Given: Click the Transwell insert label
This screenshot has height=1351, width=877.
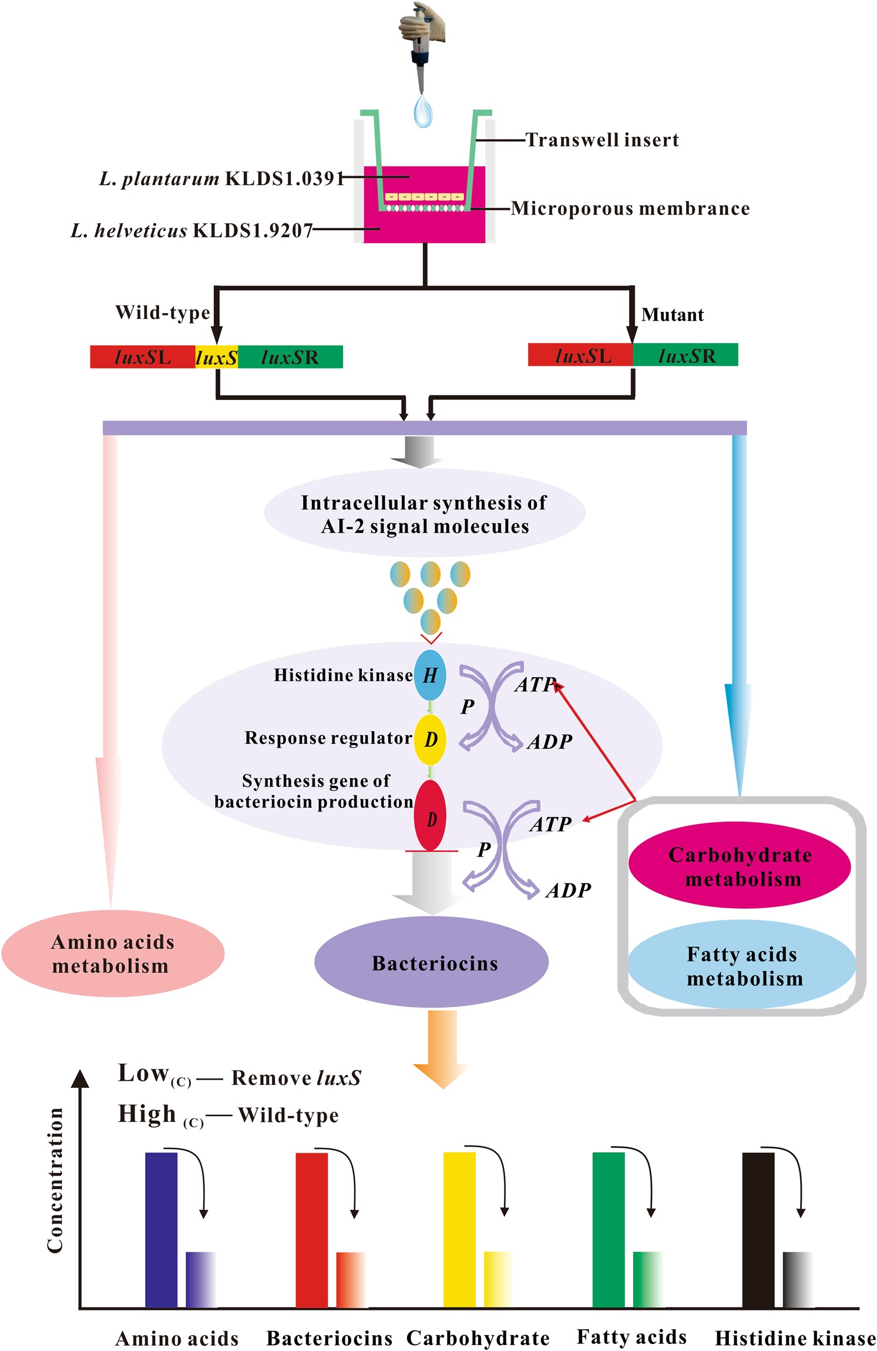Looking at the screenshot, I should pyautogui.click(x=602, y=140).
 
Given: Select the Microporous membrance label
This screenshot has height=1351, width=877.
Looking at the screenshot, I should pyautogui.click(x=630, y=209).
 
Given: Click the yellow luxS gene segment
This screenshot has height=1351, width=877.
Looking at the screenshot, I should pyautogui.click(x=216, y=357).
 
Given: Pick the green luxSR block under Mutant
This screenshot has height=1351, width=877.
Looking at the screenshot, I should pyautogui.click(x=686, y=355).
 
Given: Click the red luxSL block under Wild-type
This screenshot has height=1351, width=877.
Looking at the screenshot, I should pyautogui.click(x=142, y=357).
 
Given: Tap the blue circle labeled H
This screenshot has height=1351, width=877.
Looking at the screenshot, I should pyautogui.click(x=430, y=675).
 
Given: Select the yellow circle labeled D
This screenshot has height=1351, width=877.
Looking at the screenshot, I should pyautogui.click(x=431, y=740).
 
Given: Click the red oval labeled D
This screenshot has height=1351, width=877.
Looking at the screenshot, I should pyautogui.click(x=431, y=816).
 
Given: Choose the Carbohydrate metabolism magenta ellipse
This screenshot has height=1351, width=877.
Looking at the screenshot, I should pyautogui.click(x=740, y=866).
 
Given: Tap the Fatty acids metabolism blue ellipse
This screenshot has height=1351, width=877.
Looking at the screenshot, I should pyautogui.click(x=741, y=965).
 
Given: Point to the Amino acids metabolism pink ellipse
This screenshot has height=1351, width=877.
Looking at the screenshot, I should pyautogui.click(x=113, y=953).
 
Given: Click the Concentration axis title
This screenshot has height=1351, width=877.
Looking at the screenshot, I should pyautogui.click(x=55, y=1181).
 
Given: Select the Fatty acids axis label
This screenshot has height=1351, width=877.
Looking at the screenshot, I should pyautogui.click(x=631, y=1336).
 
